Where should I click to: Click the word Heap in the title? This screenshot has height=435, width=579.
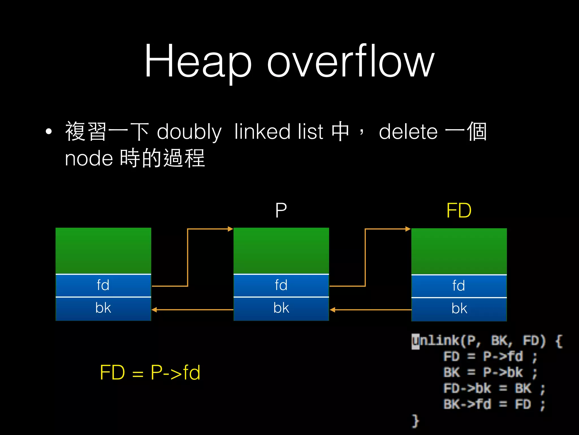[198, 61]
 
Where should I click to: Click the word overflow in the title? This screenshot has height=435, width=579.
[351, 61]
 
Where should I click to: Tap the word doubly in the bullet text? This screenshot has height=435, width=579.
[189, 132]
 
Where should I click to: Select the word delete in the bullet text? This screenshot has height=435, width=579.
[408, 132]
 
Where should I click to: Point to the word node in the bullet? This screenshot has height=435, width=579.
[89, 158]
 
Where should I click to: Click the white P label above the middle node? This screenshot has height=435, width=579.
[281, 210]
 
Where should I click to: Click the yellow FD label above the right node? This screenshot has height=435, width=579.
[459, 210]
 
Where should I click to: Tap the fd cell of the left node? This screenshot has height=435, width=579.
[103, 285]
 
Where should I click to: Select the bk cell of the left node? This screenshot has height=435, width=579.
[103, 308]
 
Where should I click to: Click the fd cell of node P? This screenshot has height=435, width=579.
[281, 285]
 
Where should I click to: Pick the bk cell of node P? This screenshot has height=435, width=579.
[281, 308]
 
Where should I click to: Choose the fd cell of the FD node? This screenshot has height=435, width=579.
[459, 286]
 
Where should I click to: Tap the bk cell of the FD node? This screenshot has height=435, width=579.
[459, 309]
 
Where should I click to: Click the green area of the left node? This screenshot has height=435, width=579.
[103, 251]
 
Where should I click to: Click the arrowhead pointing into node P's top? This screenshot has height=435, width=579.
[230, 229]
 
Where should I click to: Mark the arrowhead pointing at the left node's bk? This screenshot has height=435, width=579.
[154, 310]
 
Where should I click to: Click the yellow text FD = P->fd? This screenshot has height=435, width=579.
[150, 372]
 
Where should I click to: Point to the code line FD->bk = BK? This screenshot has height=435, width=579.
[494, 388]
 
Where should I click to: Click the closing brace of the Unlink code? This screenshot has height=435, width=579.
[415, 421]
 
